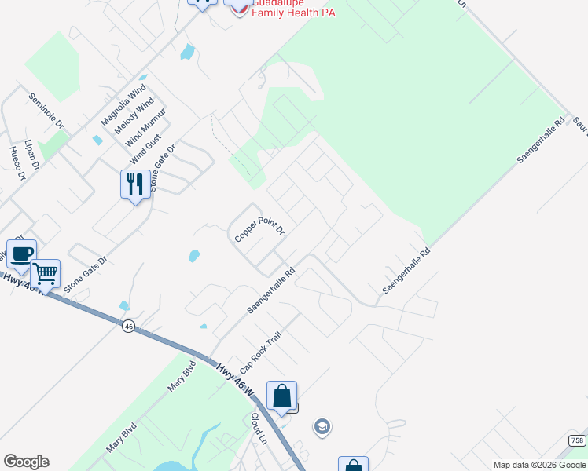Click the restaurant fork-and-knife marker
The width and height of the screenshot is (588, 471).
point(135,184)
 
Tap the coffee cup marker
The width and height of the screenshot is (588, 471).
point(21,254)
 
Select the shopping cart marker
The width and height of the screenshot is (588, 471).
point(46,274)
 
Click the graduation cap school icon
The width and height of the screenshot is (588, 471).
point(322,427)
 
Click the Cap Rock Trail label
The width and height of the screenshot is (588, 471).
point(261,352)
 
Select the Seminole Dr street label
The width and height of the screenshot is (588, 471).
point(46,112)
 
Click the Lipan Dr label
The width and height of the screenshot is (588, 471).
point(31,154)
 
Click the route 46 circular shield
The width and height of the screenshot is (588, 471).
point(128,324)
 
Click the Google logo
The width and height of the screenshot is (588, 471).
point(26,462)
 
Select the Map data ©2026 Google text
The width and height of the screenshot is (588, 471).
point(538,465)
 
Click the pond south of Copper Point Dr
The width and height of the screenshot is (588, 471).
point(194,256)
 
